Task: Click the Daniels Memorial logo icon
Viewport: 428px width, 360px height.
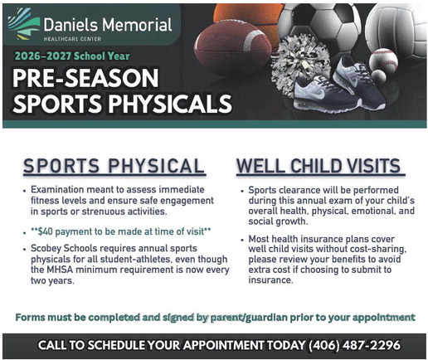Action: (x=24, y=24)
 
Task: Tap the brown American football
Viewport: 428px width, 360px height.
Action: (x=233, y=47)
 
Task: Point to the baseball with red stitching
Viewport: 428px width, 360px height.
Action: (x=383, y=61)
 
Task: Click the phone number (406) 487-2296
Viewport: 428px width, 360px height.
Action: (x=354, y=345)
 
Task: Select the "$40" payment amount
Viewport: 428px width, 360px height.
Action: (x=45, y=231)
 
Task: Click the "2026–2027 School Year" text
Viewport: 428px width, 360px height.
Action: (x=72, y=56)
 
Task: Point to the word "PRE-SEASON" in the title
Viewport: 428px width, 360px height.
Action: (x=85, y=78)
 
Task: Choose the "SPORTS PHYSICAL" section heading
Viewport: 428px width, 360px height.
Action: (x=114, y=166)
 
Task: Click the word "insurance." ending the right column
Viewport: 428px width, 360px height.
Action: (x=270, y=280)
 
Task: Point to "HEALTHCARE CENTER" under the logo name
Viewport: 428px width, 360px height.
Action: (x=72, y=39)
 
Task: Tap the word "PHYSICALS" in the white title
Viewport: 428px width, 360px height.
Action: (x=170, y=104)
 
